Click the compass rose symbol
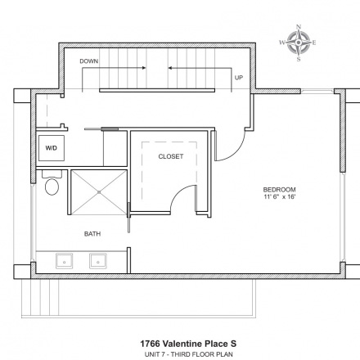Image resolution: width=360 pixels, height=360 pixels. (299, 43)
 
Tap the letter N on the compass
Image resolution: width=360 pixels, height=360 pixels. (299, 27)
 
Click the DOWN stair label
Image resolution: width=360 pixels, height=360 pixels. (89, 61)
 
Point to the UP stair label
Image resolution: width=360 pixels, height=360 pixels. (239, 78)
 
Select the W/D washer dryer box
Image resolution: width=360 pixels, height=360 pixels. (52, 148)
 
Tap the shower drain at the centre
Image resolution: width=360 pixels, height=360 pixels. (99, 192)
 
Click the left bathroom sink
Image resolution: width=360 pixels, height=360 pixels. (65, 261)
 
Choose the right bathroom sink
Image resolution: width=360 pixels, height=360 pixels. (98, 261)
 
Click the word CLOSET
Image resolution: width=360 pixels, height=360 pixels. (171, 156)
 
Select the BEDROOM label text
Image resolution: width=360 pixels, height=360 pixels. (279, 190)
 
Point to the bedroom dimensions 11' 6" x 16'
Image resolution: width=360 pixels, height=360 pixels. (280, 196)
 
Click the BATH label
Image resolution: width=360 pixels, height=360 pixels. (92, 234)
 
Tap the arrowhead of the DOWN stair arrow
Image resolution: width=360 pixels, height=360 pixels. (144, 68)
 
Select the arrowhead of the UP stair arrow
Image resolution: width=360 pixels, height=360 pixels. (169, 68)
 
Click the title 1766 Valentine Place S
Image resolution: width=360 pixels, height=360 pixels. (188, 344)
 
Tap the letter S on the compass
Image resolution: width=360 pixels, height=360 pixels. (299, 59)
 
